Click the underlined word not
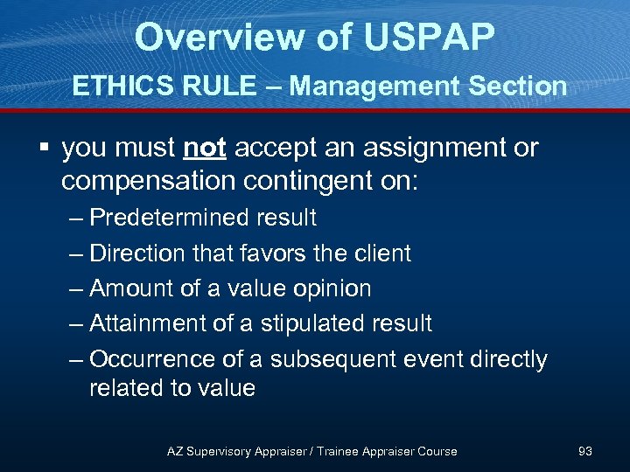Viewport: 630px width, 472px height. click(x=205, y=148)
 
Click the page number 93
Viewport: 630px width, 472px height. click(x=585, y=451)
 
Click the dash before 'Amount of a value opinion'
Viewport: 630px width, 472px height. click(x=74, y=288)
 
